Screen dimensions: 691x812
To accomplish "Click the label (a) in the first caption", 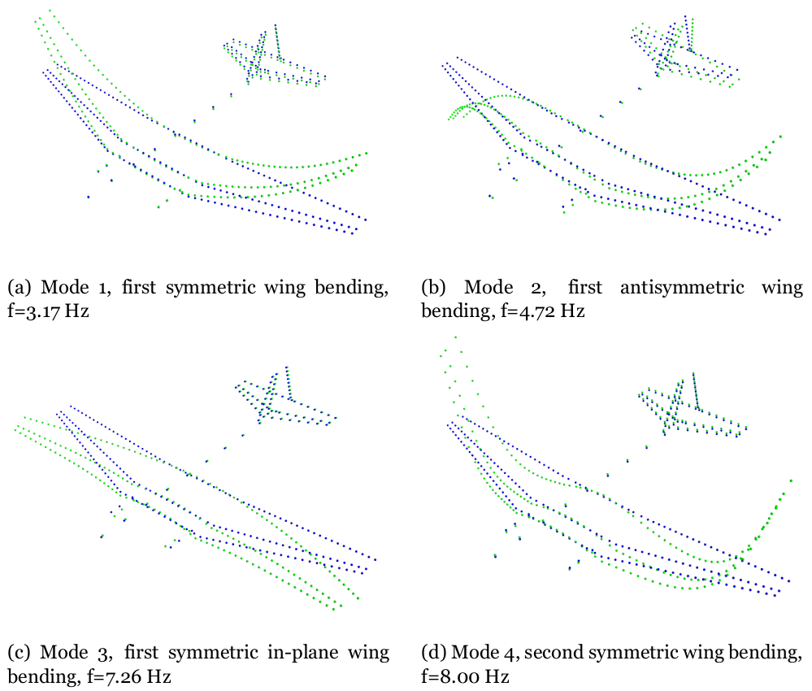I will click(20, 287).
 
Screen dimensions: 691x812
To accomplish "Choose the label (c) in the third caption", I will click(20, 652).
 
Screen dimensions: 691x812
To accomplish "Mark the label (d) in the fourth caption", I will click(435, 652).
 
